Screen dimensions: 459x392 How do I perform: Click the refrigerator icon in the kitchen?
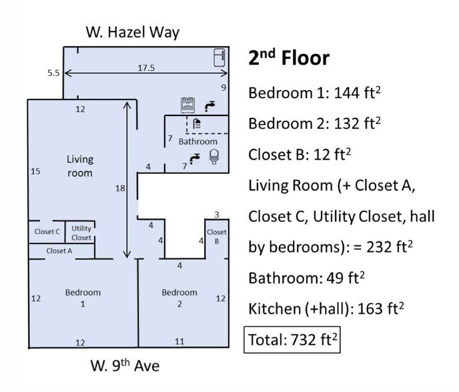coord(219,57)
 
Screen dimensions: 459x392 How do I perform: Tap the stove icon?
coord(187,105)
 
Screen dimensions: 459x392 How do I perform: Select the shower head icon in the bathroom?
coord(197,123)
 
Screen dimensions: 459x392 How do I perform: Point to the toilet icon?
coord(214,157)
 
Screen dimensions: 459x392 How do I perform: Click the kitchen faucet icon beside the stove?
coord(209,106)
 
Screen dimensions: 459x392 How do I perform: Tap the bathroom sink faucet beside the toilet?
coord(194,159)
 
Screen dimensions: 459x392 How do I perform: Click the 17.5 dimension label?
coord(146,68)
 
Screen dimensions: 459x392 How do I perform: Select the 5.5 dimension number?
coord(53,73)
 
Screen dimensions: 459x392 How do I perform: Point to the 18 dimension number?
coord(120,188)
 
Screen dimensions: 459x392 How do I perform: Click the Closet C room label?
coord(47,231)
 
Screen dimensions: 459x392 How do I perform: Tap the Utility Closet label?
coord(81,233)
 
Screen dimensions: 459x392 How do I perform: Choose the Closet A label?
coord(59,251)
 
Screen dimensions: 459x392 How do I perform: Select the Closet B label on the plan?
coord(217,237)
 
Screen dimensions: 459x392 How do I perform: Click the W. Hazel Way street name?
coord(133,32)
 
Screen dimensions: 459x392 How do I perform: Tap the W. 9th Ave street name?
coord(125,365)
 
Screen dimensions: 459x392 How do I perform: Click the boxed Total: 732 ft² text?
coord(292,339)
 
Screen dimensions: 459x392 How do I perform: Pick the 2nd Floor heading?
coord(289,57)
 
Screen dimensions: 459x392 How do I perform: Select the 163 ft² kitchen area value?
coord(380,309)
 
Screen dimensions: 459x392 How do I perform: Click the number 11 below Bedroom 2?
coord(179,341)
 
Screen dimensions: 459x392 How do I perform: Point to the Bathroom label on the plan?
coord(198,141)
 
